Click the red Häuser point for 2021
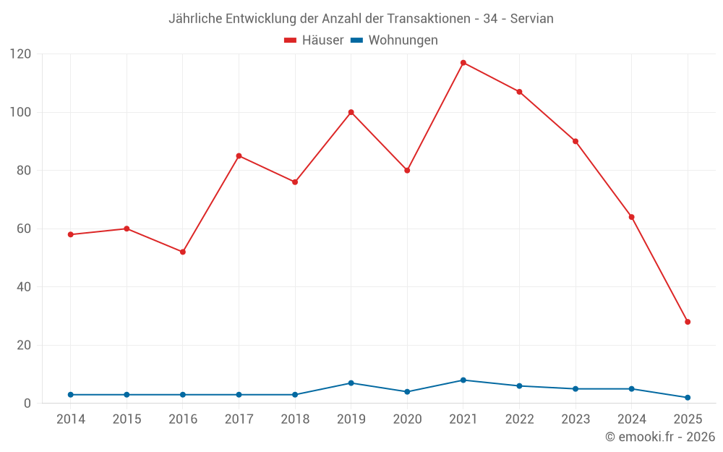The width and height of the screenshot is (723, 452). point(463,63)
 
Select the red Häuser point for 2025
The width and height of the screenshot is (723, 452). point(688,322)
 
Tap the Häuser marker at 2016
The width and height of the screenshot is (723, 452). point(183,252)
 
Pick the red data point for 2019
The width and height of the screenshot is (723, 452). point(351,112)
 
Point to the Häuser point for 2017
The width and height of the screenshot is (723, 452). point(239,155)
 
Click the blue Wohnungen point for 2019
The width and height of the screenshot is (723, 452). point(351,383)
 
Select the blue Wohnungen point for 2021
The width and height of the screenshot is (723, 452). point(463,380)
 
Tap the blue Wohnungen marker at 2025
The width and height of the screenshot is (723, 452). point(688,398)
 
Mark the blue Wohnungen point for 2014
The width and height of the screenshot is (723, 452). point(71,395)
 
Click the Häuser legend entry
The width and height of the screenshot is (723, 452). point(314,40)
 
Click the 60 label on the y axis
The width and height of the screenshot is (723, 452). point(24,229)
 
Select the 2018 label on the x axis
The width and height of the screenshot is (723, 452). point(295,419)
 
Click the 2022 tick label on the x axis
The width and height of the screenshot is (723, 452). point(519,419)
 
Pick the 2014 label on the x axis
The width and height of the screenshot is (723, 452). point(71,419)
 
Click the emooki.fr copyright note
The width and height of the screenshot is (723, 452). point(660,437)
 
